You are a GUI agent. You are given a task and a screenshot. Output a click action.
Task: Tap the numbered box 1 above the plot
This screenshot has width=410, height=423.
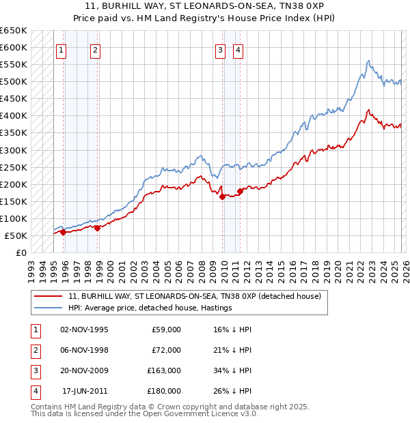[x=61, y=49]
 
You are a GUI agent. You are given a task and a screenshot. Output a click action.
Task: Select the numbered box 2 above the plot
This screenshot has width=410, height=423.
[x=95, y=49]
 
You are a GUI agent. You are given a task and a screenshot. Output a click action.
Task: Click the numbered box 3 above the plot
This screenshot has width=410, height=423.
[x=221, y=49]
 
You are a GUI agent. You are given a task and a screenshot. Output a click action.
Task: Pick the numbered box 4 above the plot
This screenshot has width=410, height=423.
[x=238, y=49]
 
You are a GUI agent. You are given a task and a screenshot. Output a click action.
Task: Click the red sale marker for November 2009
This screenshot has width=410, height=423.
[x=222, y=197]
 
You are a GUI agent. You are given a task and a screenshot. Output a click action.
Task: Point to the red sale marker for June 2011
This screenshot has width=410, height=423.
[x=240, y=191]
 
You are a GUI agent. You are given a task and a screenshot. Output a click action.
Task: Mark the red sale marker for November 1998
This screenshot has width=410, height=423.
[x=97, y=228]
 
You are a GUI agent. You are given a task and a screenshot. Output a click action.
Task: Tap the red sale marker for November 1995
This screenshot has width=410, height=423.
[x=63, y=233]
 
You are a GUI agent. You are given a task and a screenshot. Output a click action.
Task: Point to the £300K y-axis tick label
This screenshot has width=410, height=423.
[x=14, y=150]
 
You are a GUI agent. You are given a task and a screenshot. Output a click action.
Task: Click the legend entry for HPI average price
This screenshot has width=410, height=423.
[x=150, y=308]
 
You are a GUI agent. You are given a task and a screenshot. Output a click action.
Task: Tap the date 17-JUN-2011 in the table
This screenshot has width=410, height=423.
[x=85, y=391]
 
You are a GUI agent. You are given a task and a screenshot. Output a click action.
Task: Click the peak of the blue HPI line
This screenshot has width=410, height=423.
[x=368, y=61]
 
